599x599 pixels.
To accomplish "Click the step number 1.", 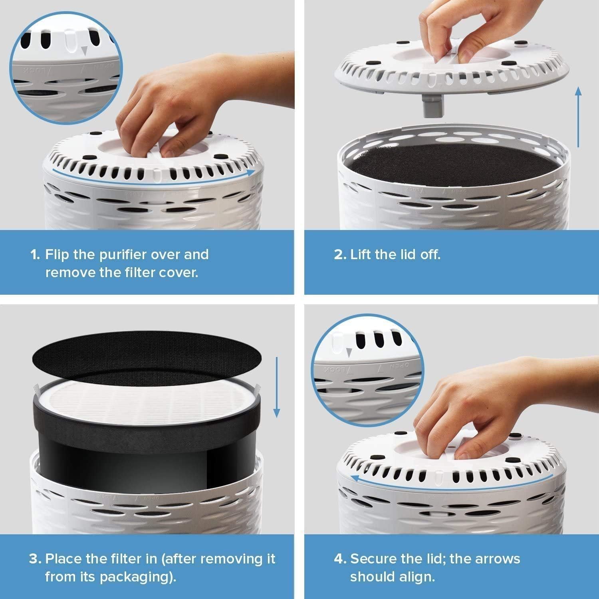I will pyautogui.click(x=35, y=255).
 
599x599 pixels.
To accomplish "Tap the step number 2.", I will pyautogui.click(x=340, y=255).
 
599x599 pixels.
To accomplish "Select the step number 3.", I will pyautogui.click(x=35, y=559).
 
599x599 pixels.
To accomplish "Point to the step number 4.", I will pyautogui.click(x=340, y=559).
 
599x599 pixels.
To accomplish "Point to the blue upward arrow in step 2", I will pyautogui.click(x=578, y=117).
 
